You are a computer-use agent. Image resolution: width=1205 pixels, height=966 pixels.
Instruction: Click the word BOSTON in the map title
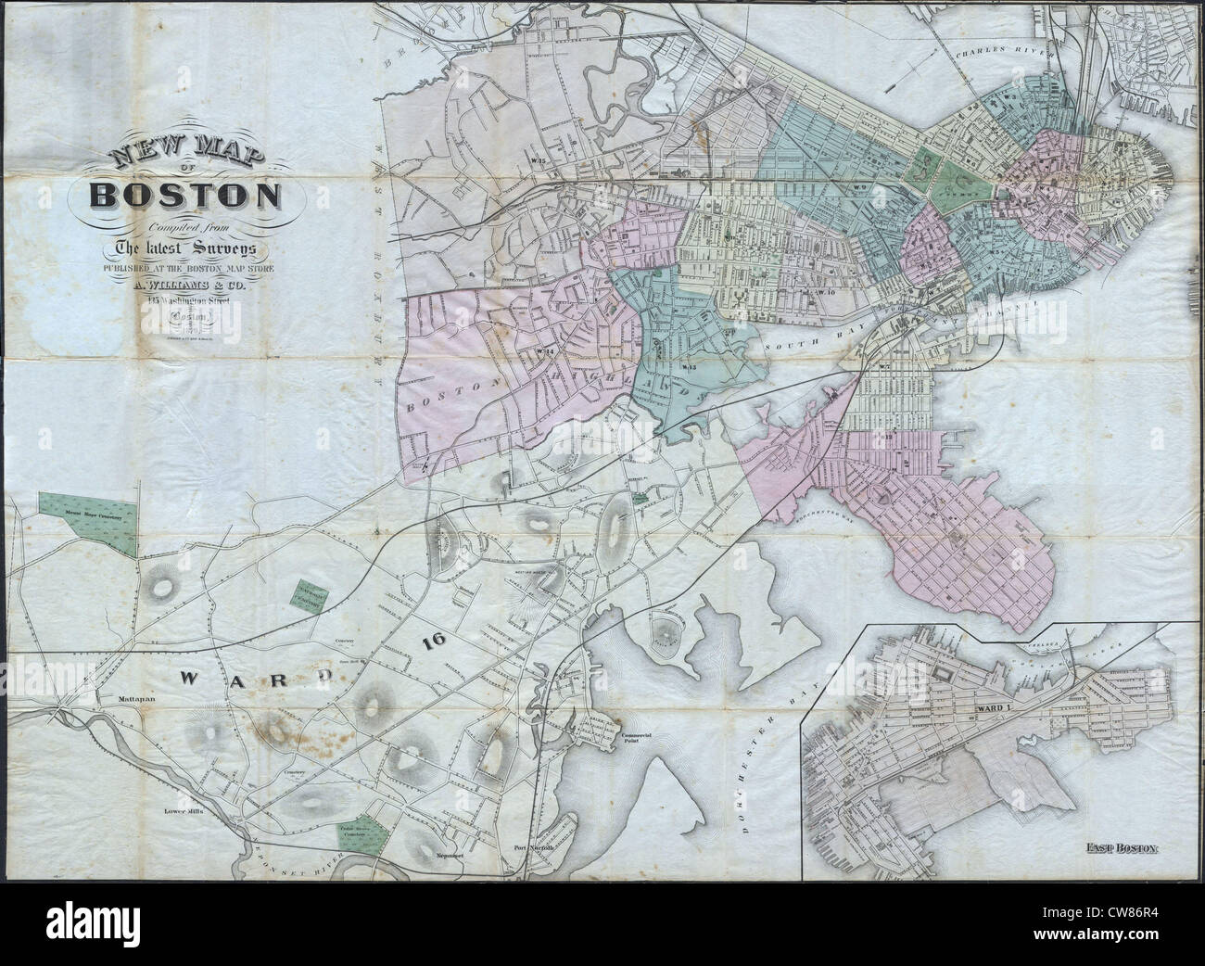[x=185, y=196]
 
